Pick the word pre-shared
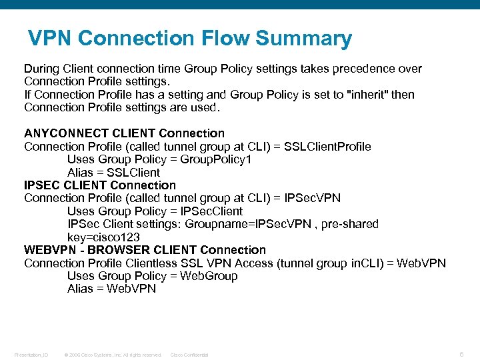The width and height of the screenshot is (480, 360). click(x=349, y=224)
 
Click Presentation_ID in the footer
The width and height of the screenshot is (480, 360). click(x=31, y=355)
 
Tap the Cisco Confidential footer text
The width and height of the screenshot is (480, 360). click(x=189, y=355)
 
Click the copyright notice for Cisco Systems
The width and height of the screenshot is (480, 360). click(x=112, y=355)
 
